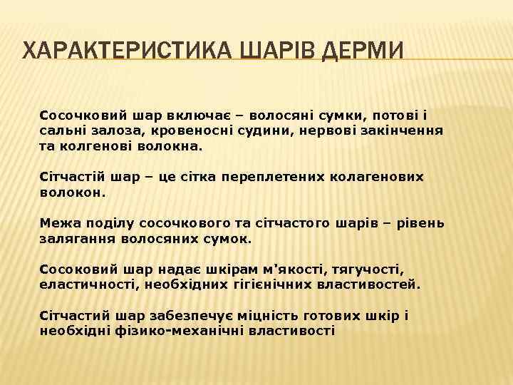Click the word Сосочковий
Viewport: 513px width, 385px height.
[x=79, y=115]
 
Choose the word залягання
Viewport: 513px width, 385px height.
[x=71, y=239]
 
